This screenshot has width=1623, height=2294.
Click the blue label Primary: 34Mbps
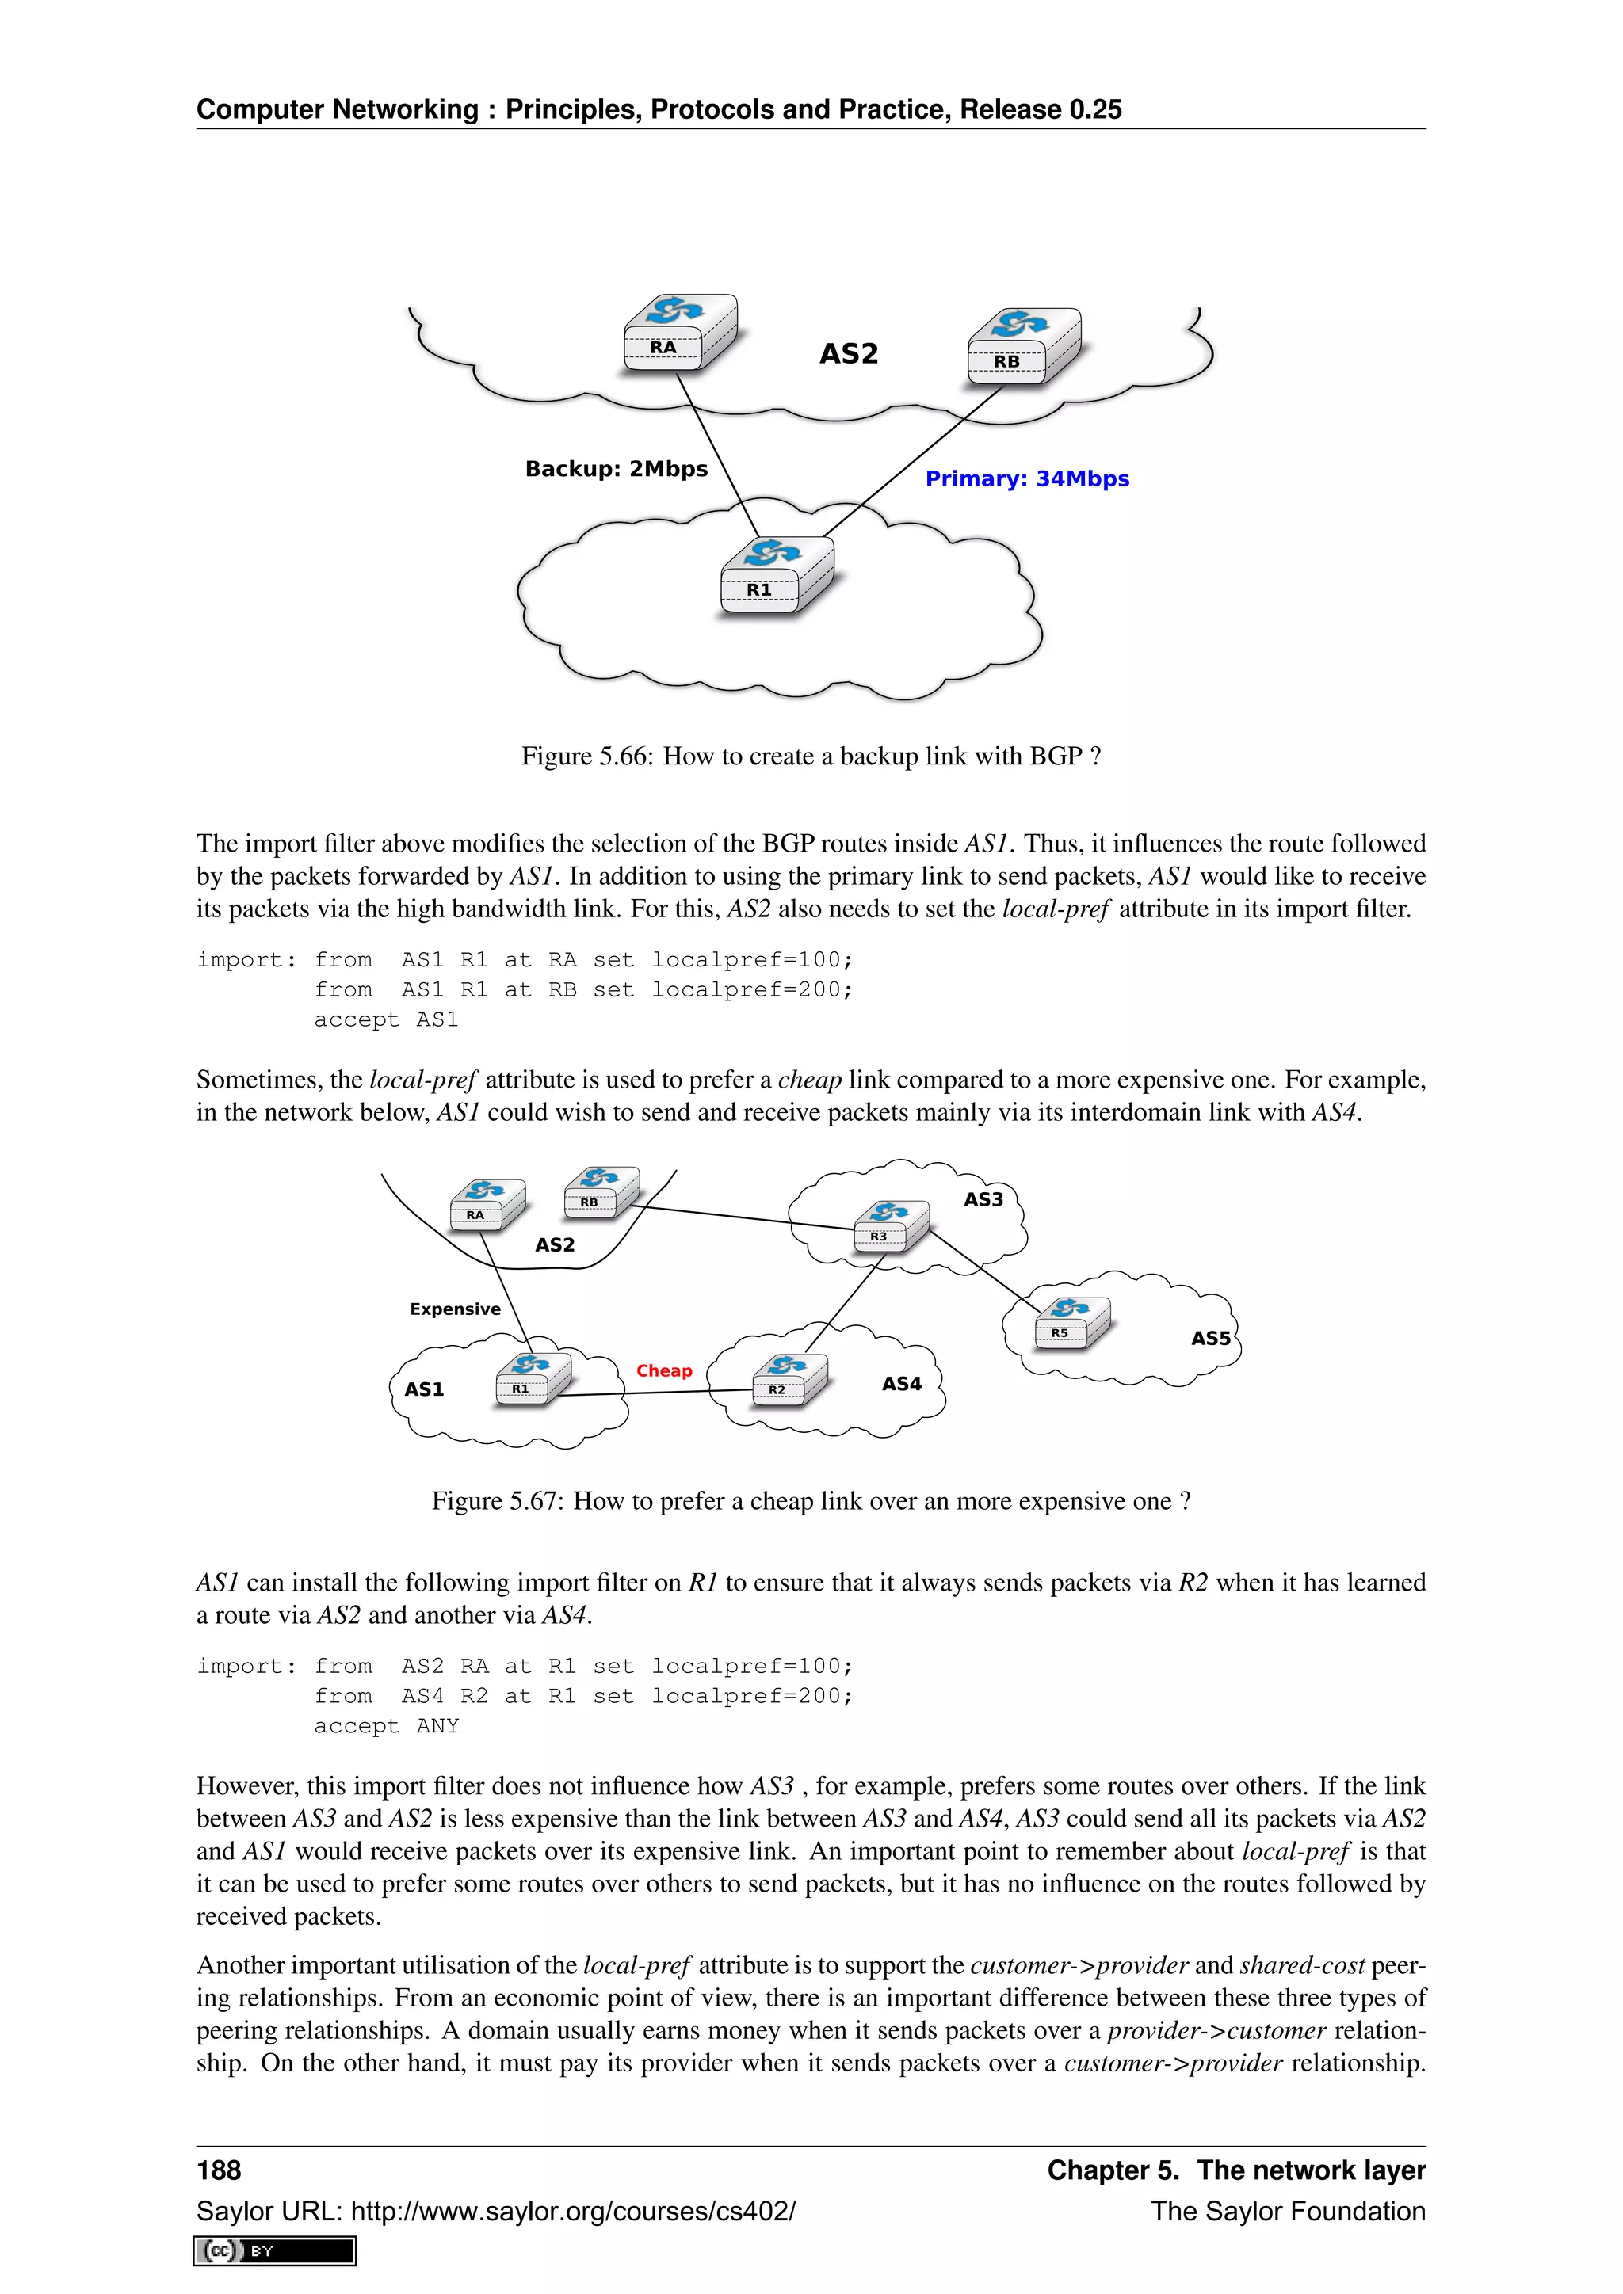pyautogui.click(x=1026, y=478)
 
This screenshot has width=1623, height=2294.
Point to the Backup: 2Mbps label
pyautogui.click(x=616, y=469)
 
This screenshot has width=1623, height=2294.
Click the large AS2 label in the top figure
pyautogui.click(x=849, y=354)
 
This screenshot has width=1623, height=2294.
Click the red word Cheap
pyautogui.click(x=663, y=1371)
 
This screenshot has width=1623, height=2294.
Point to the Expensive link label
pyautogui.click(x=455, y=1309)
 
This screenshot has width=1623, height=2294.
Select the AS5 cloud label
pyautogui.click(x=1210, y=1338)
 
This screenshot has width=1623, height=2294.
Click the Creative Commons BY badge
pyautogui.click(x=275, y=2251)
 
